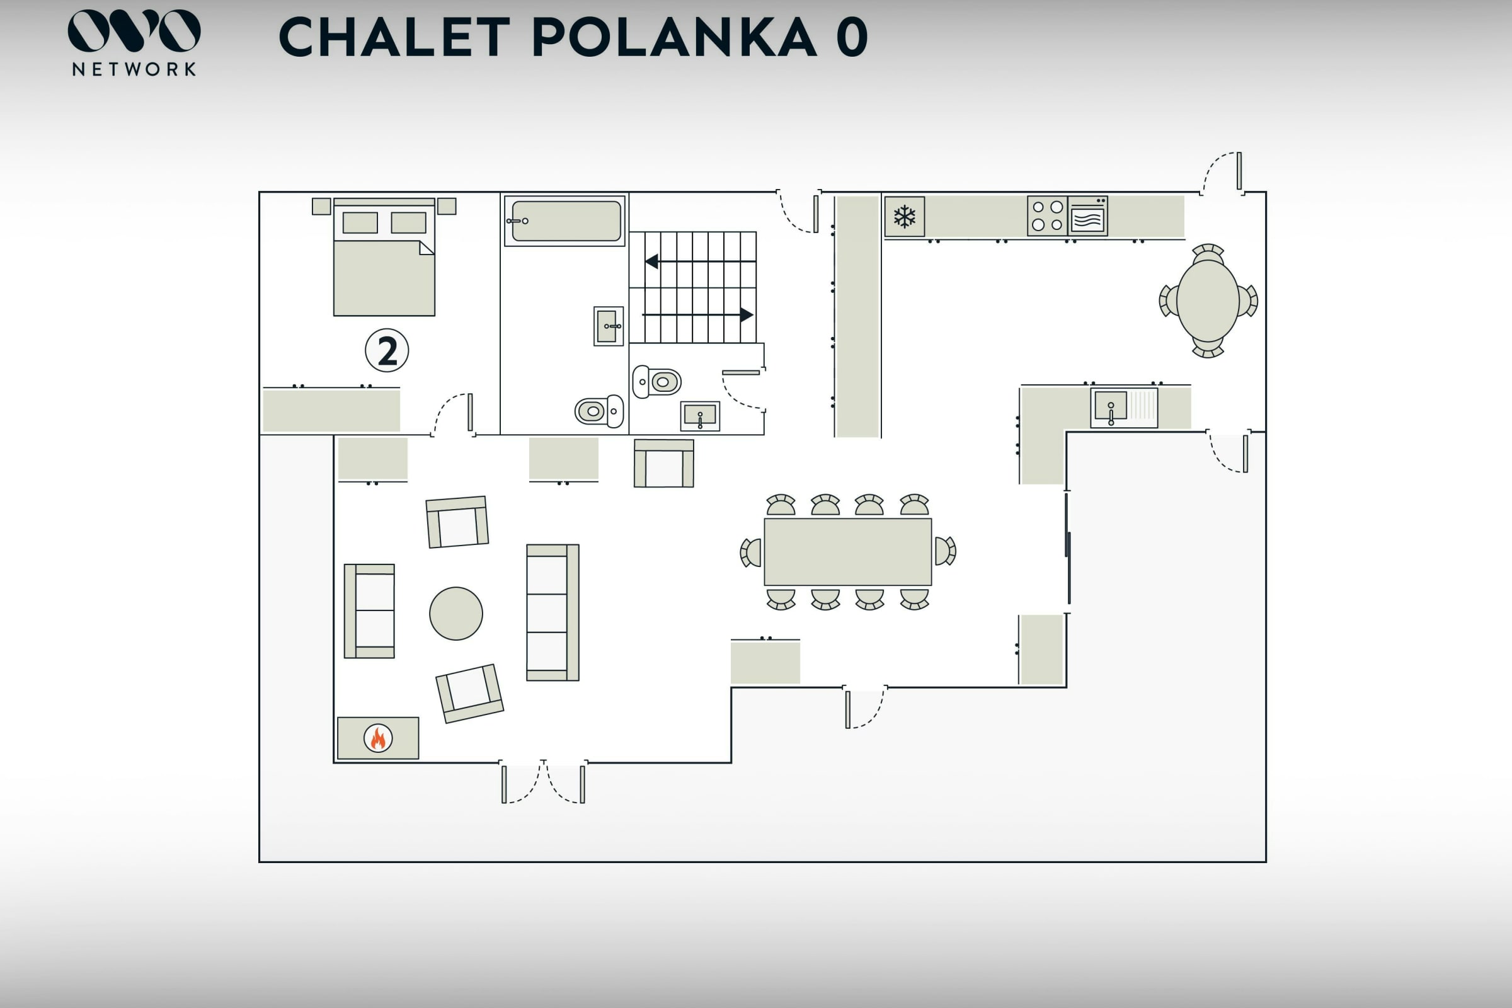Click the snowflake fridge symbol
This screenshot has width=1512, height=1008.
tap(905, 217)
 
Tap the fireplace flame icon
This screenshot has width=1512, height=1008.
tap(378, 738)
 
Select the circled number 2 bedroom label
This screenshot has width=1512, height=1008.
tap(387, 350)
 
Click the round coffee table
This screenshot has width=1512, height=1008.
tap(455, 613)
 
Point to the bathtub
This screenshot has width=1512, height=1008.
tap(564, 220)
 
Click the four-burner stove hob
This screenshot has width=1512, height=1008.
tap(1047, 216)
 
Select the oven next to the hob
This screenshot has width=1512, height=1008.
tap(1088, 216)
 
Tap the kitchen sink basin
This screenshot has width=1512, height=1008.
tap(1111, 406)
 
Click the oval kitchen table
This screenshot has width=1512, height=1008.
tap(1208, 301)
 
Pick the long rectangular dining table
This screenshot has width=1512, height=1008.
tap(848, 553)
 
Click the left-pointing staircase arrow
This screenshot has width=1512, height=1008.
tap(700, 261)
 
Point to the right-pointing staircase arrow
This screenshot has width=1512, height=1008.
tap(697, 315)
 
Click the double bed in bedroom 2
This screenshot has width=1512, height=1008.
tap(384, 257)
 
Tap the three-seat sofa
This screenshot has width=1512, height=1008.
tap(553, 612)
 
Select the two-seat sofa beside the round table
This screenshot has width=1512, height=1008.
tap(369, 611)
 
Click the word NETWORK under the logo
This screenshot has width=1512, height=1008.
tap(134, 69)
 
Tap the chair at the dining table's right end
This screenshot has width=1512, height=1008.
tap(945, 551)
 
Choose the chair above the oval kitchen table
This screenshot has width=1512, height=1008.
tap(1208, 253)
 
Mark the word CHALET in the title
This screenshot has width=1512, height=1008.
tap(395, 37)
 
